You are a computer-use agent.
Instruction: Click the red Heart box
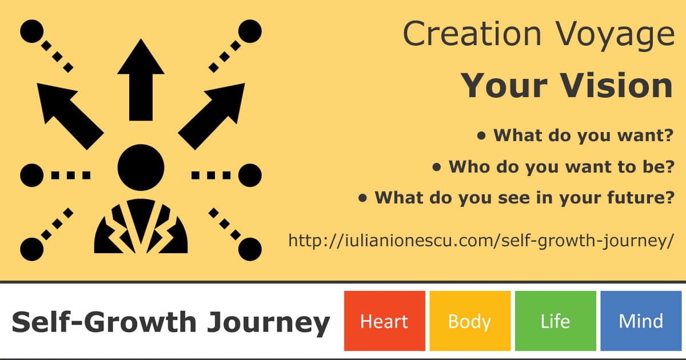pos(384,321)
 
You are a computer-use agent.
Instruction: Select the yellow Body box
pos(470,321)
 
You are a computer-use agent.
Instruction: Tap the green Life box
pos(555,321)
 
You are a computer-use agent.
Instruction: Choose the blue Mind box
pos(641,321)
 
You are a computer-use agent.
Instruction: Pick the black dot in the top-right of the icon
pos(250,31)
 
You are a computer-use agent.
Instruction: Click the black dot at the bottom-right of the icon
pos(250,249)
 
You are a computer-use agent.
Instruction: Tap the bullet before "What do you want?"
pos(481,135)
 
